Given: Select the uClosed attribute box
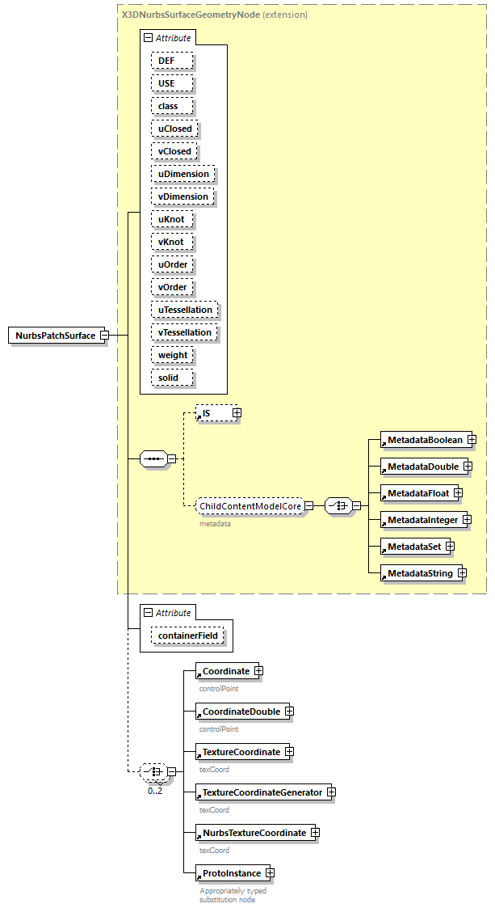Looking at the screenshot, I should click(174, 129).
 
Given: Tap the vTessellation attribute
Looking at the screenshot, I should click(185, 332).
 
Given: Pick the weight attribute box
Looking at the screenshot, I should click(173, 355).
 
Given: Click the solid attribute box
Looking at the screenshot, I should click(168, 378).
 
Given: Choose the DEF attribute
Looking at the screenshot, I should click(165, 61).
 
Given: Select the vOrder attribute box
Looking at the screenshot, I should click(173, 287).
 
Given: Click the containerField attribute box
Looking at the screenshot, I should click(189, 636).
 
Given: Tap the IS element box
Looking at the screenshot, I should click(212, 413).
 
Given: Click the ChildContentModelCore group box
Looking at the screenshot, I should click(250, 506).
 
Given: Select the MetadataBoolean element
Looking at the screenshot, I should click(424, 439).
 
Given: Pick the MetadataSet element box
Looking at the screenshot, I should click(413, 547).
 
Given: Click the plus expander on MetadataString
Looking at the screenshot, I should click(461, 573).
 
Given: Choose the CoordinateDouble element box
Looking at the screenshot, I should click(241, 712).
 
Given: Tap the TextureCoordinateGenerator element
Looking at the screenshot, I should click(261, 792).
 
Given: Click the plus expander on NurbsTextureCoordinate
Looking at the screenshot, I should click(316, 833).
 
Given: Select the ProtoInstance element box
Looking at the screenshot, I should click(231, 873).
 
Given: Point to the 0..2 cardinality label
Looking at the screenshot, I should click(154, 791).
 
